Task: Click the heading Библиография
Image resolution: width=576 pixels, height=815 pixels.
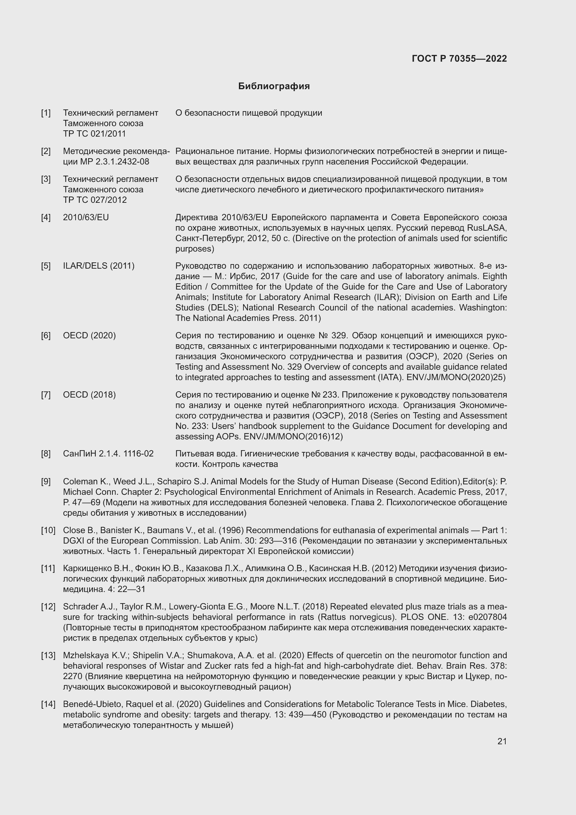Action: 274,86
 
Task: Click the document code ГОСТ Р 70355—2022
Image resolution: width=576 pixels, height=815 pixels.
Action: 459,59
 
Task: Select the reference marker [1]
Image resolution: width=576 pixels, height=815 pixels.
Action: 46,113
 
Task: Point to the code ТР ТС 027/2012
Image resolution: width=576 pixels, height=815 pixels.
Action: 95,200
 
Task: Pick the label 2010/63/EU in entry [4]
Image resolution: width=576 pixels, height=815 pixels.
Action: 86,217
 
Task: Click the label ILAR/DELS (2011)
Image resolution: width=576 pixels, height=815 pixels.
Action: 99,266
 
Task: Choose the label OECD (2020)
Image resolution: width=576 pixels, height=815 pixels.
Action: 89,336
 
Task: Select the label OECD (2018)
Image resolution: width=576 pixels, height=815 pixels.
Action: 89,395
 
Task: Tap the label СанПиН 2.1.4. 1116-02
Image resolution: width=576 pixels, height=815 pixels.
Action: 108,454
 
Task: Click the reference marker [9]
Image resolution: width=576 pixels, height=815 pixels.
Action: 46,482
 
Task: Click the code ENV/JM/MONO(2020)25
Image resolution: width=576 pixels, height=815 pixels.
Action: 456,377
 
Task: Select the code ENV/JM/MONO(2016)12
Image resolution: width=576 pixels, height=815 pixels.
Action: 293,436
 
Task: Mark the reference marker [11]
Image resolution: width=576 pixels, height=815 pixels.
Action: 48,568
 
